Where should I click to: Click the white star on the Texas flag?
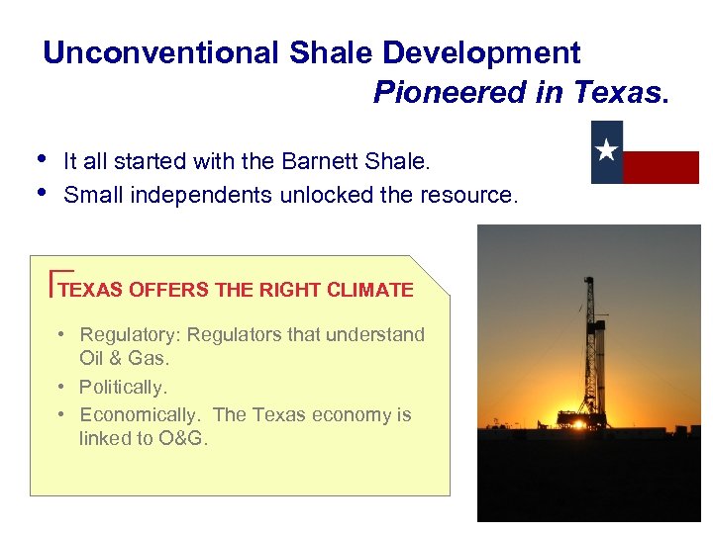[x=607, y=151]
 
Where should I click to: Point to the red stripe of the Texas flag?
[x=661, y=167]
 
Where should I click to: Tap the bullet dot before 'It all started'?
[x=39, y=157]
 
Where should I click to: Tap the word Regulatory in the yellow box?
[x=130, y=335]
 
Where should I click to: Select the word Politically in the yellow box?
[x=123, y=387]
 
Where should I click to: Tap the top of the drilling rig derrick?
[x=589, y=280]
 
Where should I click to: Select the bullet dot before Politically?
[x=61, y=387]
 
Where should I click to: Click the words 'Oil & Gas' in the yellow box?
[x=125, y=358]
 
